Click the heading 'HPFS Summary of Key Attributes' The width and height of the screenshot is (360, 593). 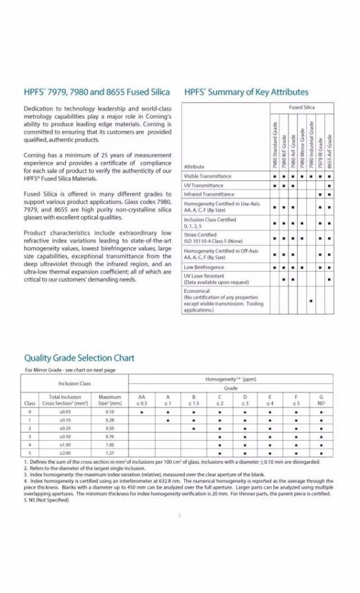click(x=246, y=92)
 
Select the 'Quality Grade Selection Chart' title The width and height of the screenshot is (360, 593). click(x=79, y=358)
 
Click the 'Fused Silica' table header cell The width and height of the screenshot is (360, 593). click(x=301, y=107)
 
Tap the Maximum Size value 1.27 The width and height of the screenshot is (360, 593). click(x=110, y=452)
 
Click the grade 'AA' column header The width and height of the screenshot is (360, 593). click(x=141, y=396)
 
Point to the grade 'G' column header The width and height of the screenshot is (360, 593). click(x=321, y=396)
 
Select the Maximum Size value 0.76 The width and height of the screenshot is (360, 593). click(x=110, y=435)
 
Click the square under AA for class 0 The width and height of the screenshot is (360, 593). click(x=141, y=411)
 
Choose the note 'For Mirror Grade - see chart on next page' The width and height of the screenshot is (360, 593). click(x=70, y=369)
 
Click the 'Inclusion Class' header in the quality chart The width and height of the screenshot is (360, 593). click(x=74, y=383)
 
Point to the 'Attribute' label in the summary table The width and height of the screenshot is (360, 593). click(x=194, y=167)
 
